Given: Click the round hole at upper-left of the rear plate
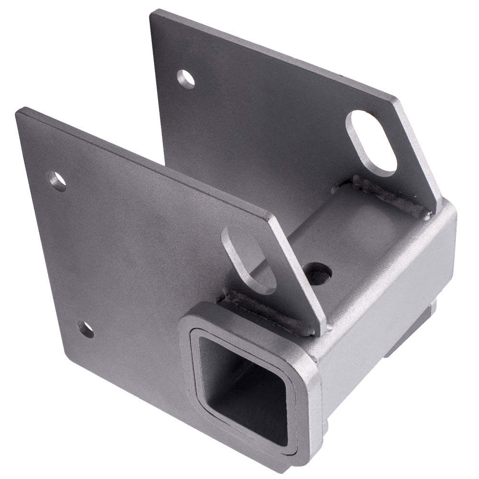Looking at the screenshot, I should click(186, 79).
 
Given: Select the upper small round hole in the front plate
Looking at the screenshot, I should click(58, 182).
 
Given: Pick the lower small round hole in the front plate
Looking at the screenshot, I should click(86, 330).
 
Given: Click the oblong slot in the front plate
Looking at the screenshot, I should click(249, 259).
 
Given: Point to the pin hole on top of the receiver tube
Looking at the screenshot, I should click(319, 274).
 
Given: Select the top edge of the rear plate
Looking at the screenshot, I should click(273, 55).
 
